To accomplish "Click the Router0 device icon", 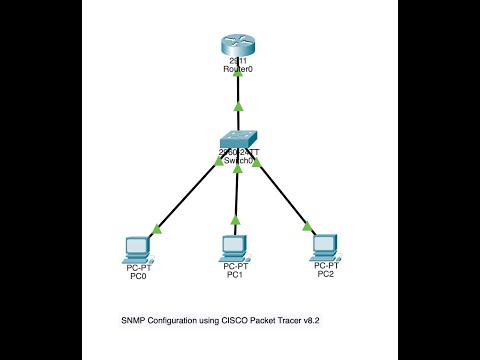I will click(x=238, y=46).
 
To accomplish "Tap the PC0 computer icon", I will click(x=136, y=246).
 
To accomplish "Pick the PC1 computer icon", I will click(x=235, y=246).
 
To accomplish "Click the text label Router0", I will click(x=238, y=70).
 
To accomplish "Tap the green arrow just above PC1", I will click(x=236, y=219).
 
